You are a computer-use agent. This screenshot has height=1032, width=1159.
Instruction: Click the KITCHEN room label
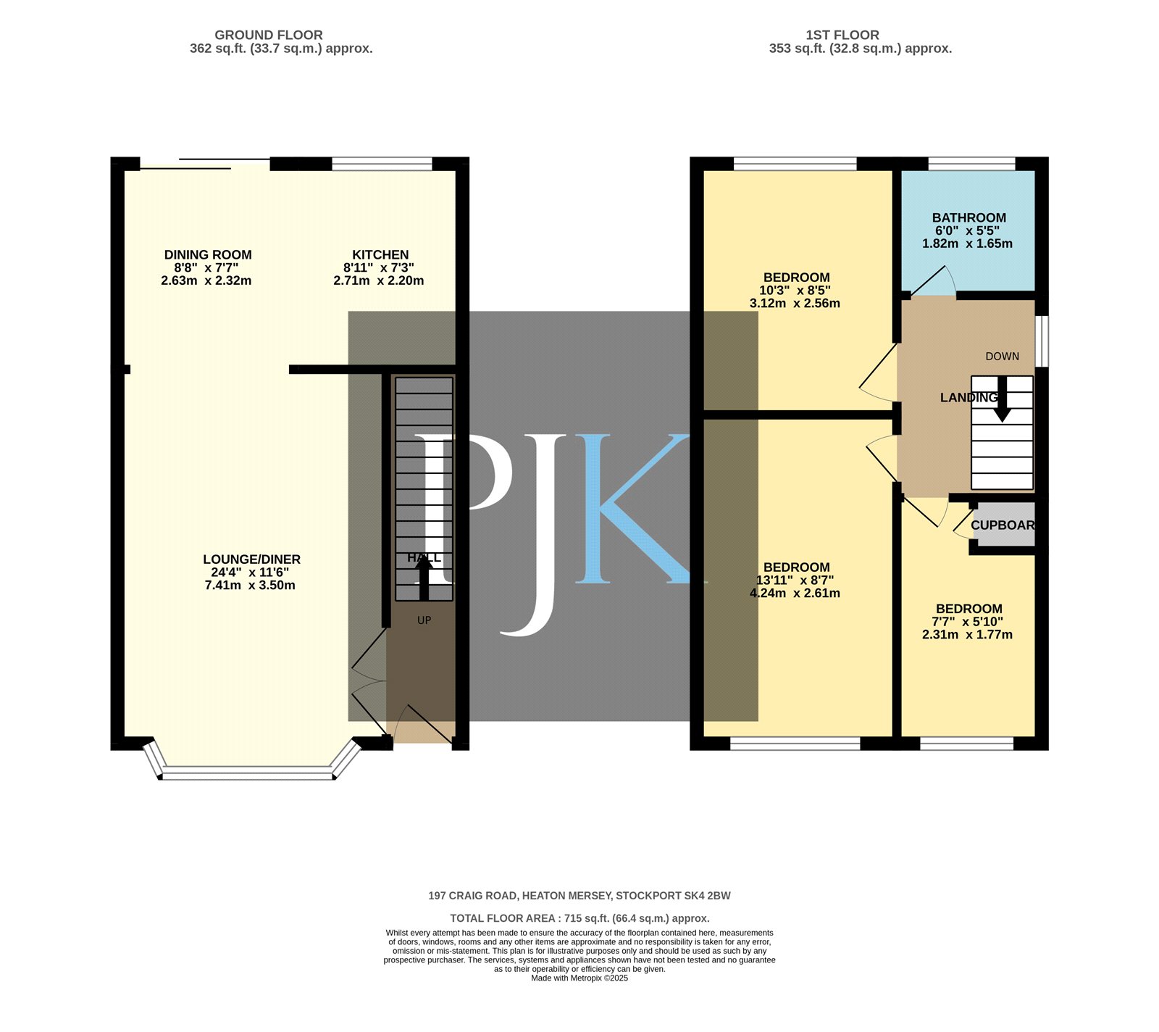tap(380, 254)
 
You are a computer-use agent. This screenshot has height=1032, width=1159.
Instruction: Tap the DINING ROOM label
tap(208, 254)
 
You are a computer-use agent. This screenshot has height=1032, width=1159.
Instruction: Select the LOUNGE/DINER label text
tap(251, 559)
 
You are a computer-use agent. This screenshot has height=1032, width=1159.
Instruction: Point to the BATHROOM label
tap(968, 217)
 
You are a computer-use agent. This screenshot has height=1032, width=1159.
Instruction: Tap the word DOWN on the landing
tap(1002, 357)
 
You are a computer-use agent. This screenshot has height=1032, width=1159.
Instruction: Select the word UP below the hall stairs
tap(424, 620)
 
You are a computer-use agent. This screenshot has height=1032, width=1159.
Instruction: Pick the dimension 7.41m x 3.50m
tap(250, 585)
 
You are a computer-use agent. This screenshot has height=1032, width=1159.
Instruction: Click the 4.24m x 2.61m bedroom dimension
tap(795, 593)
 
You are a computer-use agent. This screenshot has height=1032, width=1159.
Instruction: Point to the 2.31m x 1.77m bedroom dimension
tap(967, 634)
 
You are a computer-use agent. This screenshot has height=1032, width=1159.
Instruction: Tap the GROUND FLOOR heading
tap(269, 35)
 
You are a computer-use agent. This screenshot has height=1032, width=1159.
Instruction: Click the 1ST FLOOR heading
tap(842, 35)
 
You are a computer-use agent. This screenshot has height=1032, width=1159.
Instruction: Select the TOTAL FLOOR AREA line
tap(579, 918)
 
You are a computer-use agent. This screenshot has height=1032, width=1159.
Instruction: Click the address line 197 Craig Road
tap(579, 896)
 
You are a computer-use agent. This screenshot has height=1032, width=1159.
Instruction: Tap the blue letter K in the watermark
tap(632, 509)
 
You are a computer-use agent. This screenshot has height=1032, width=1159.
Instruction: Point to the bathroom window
tap(971, 164)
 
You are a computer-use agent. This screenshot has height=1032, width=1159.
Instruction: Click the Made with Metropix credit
tap(579, 978)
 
